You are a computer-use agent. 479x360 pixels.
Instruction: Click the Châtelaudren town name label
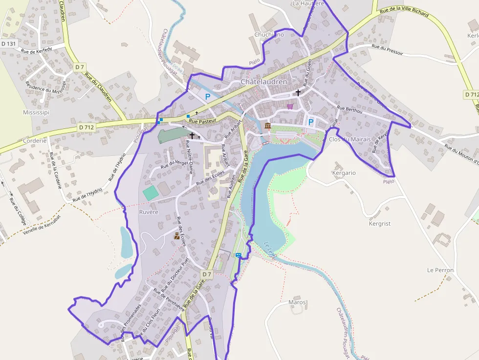263,82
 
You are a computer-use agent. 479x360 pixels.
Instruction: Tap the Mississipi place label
37,112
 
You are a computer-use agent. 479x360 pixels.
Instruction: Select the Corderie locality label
35,140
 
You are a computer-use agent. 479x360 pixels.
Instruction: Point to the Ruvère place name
149,212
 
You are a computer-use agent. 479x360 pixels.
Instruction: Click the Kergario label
344,173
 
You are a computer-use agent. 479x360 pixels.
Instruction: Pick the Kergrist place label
380,224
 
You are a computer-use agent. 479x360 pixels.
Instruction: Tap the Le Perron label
440,270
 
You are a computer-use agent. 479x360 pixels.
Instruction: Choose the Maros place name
297,302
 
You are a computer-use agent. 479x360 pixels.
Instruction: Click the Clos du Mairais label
350,139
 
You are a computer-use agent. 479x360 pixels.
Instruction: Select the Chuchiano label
269,35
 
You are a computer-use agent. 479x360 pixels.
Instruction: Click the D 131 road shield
9,43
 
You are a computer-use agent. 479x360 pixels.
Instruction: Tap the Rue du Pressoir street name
387,50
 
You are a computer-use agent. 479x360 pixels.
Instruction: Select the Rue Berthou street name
350,110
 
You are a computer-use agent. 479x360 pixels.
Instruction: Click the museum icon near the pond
267,126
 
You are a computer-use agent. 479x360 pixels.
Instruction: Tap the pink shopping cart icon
290,106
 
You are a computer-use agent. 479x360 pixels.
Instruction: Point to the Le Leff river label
270,249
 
